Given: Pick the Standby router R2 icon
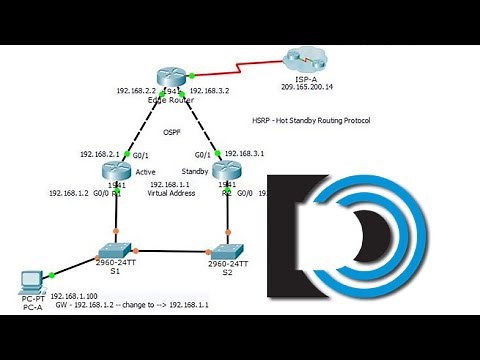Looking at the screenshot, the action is tap(226, 171).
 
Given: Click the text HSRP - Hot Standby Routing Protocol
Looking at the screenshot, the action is tap(310, 119).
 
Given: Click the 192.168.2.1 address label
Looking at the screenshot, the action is tap(100, 154).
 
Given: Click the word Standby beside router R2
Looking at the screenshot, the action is tap(196, 171).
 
